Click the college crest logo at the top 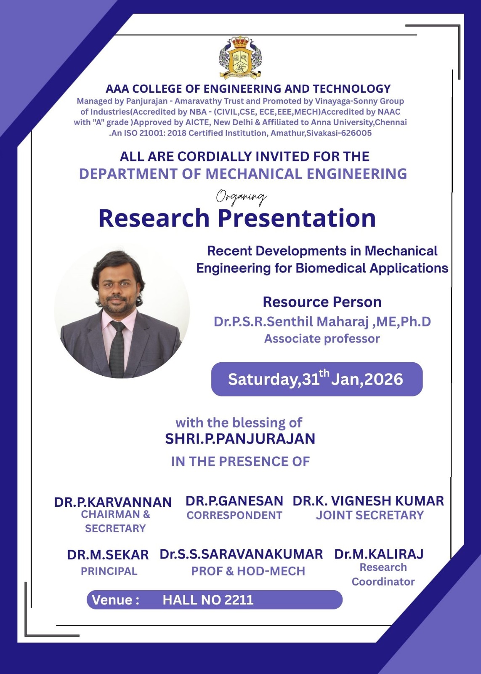click(x=240, y=58)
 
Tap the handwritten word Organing click(x=241, y=197)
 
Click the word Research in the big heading click(x=154, y=218)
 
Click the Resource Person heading click(x=322, y=302)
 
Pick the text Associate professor click(x=322, y=339)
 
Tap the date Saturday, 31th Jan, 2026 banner click(x=316, y=379)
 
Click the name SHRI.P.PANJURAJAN click(x=240, y=439)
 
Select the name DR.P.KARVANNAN click(x=113, y=502)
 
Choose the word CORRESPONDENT click(x=234, y=515)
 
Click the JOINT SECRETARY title click(x=369, y=515)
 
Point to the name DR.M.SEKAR click(x=108, y=555)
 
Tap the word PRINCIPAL click(x=109, y=571)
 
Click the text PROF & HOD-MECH click(x=248, y=571)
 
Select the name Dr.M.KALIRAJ click(x=379, y=554)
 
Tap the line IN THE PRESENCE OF click(x=240, y=462)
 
